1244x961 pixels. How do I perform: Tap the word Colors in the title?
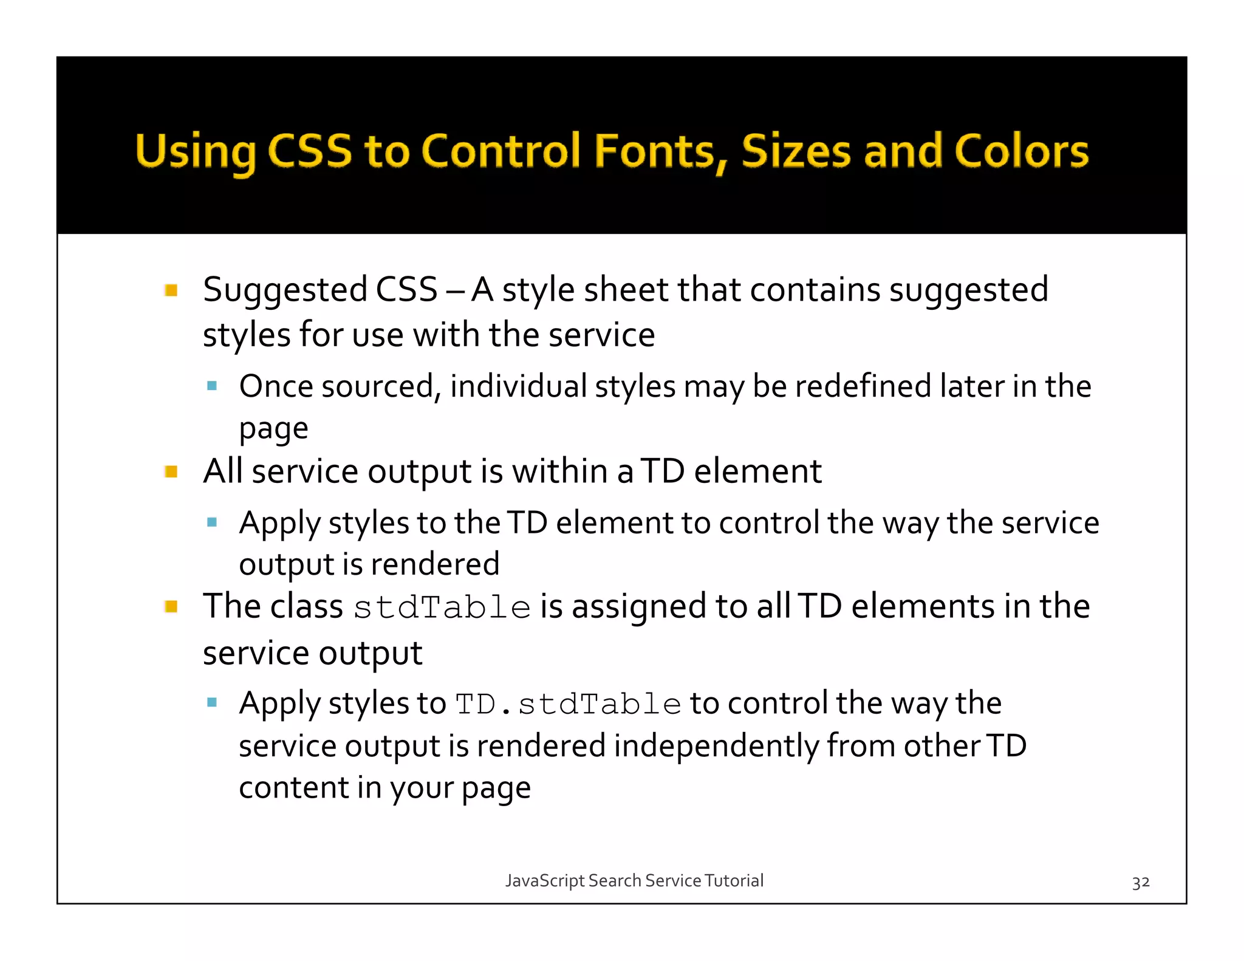point(1021,151)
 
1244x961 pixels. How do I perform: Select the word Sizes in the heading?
point(796,151)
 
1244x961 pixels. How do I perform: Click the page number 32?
point(1140,882)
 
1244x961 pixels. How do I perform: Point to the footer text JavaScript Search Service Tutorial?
point(634,880)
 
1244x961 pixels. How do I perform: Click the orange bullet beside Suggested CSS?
point(171,290)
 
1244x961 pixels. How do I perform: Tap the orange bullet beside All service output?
point(171,471)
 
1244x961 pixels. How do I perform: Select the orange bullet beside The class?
point(171,606)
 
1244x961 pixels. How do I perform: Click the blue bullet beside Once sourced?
point(212,386)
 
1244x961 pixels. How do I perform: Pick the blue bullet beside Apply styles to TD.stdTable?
point(212,703)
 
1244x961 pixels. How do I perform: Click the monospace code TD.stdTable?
point(569,704)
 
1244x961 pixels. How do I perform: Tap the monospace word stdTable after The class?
point(442,607)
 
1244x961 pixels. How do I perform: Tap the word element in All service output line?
point(757,471)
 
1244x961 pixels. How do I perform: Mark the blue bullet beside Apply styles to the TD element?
point(212,522)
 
